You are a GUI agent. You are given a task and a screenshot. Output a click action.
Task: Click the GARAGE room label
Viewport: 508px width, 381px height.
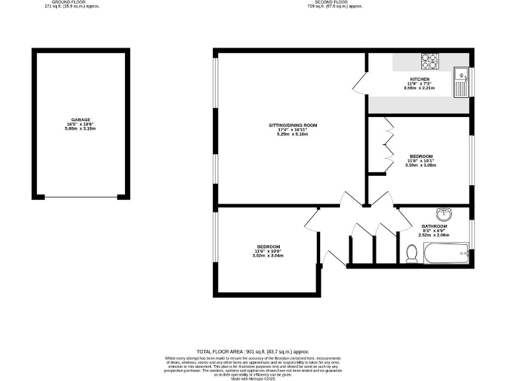[81, 120]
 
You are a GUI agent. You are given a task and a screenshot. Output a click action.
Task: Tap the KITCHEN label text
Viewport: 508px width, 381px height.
[420, 79]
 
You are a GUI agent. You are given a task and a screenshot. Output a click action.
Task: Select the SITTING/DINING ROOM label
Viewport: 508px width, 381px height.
[293, 125]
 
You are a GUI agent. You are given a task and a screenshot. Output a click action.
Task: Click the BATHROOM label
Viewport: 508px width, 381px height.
[434, 226]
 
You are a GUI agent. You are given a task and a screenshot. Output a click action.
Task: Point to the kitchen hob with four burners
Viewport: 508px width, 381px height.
[430, 61]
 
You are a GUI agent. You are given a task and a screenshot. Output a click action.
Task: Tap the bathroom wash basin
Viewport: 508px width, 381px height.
[444, 214]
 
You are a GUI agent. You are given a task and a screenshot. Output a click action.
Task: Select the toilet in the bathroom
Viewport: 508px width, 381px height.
[411, 253]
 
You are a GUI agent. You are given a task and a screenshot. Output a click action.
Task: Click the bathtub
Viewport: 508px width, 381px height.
[446, 253]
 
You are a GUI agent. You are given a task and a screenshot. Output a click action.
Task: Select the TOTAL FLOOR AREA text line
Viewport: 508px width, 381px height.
[253, 351]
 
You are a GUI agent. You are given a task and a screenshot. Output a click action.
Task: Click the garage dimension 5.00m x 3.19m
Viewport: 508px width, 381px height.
[81, 129]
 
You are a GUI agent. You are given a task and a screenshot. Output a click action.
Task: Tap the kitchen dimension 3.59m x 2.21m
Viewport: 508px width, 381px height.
[420, 88]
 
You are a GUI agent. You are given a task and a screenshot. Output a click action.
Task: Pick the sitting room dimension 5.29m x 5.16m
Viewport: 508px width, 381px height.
[293, 134]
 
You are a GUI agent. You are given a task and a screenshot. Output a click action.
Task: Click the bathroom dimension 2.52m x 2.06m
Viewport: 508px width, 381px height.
[434, 235]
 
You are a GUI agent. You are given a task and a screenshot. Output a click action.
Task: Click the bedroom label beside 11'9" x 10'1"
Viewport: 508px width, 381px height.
[421, 155]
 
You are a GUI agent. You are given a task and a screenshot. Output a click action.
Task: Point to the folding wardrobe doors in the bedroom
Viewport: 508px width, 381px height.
[389, 144]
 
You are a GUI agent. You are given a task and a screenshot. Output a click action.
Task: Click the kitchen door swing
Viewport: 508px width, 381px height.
[360, 84]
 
